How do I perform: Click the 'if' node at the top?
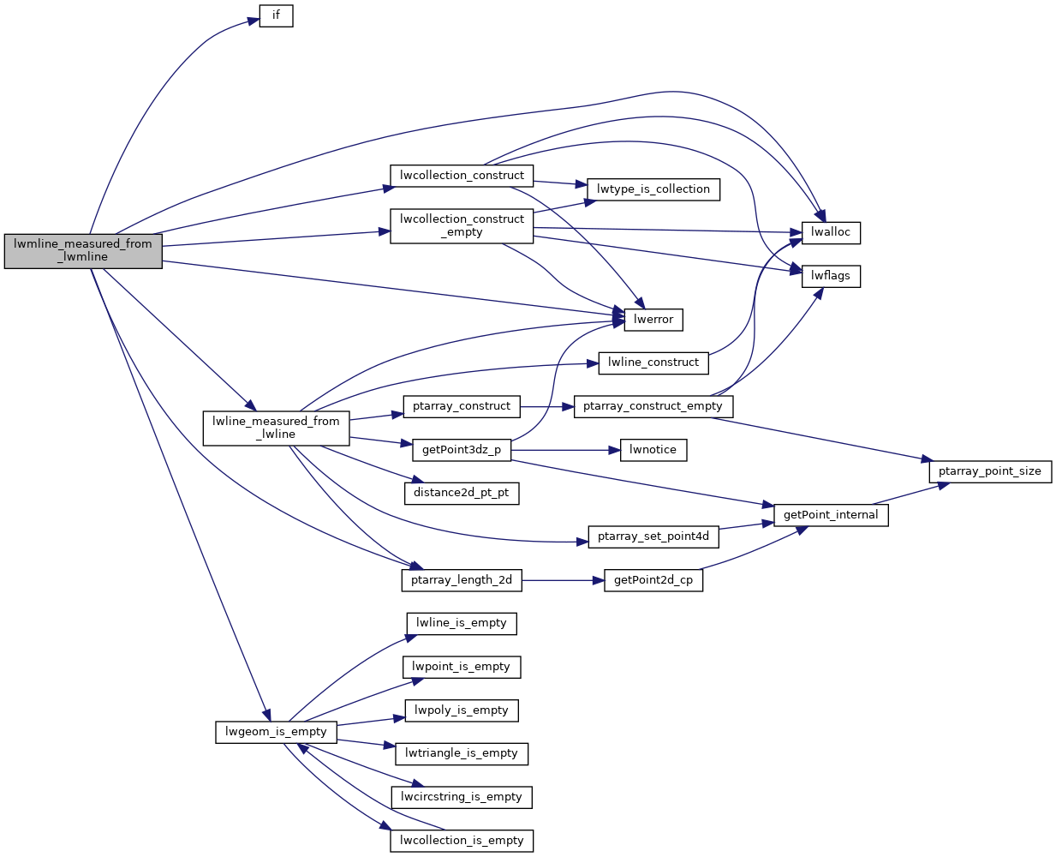[276, 15]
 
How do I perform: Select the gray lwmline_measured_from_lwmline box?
[83, 250]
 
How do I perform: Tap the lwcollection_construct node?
[462, 176]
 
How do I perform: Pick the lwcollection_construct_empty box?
[462, 225]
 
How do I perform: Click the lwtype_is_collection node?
[653, 189]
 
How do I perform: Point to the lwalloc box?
[831, 232]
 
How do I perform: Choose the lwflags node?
[831, 276]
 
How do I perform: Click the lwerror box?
[653, 320]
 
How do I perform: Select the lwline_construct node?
[653, 363]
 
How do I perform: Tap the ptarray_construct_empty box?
[653, 406]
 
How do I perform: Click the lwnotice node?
[653, 450]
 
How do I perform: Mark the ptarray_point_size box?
[989, 471]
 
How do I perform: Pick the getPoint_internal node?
[831, 515]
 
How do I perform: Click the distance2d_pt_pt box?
[461, 493]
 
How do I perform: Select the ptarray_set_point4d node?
[653, 536]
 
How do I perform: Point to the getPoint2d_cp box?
[653, 580]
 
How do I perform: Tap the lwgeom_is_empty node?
[276, 732]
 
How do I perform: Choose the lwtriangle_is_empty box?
[462, 753]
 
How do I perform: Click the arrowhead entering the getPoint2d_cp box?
[599, 580]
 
